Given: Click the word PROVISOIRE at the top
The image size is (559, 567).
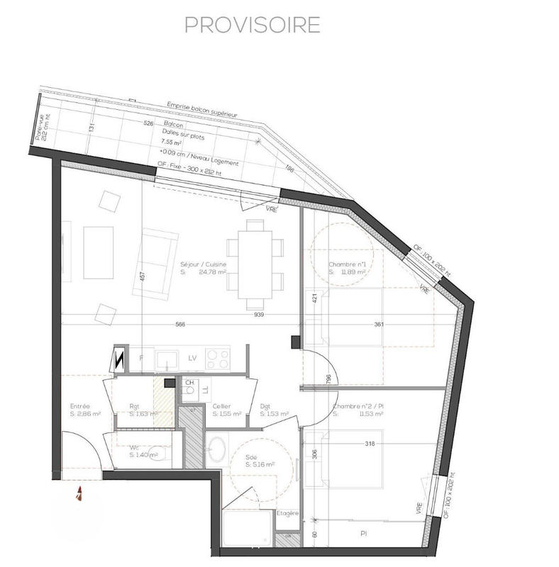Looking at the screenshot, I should (x=252, y=24).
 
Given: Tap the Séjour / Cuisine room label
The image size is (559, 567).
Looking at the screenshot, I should (x=203, y=262).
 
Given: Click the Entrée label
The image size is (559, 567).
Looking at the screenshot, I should (x=79, y=407).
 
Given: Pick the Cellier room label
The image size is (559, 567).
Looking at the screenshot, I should (x=221, y=407).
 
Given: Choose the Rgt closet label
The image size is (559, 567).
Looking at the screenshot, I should (x=135, y=407).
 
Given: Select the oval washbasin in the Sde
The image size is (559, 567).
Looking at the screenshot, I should (x=218, y=449).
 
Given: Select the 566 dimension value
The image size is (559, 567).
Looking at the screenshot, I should (x=180, y=325).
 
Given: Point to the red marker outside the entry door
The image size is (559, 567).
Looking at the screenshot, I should (x=80, y=493).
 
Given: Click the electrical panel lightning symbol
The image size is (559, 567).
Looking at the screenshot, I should (x=118, y=359).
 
